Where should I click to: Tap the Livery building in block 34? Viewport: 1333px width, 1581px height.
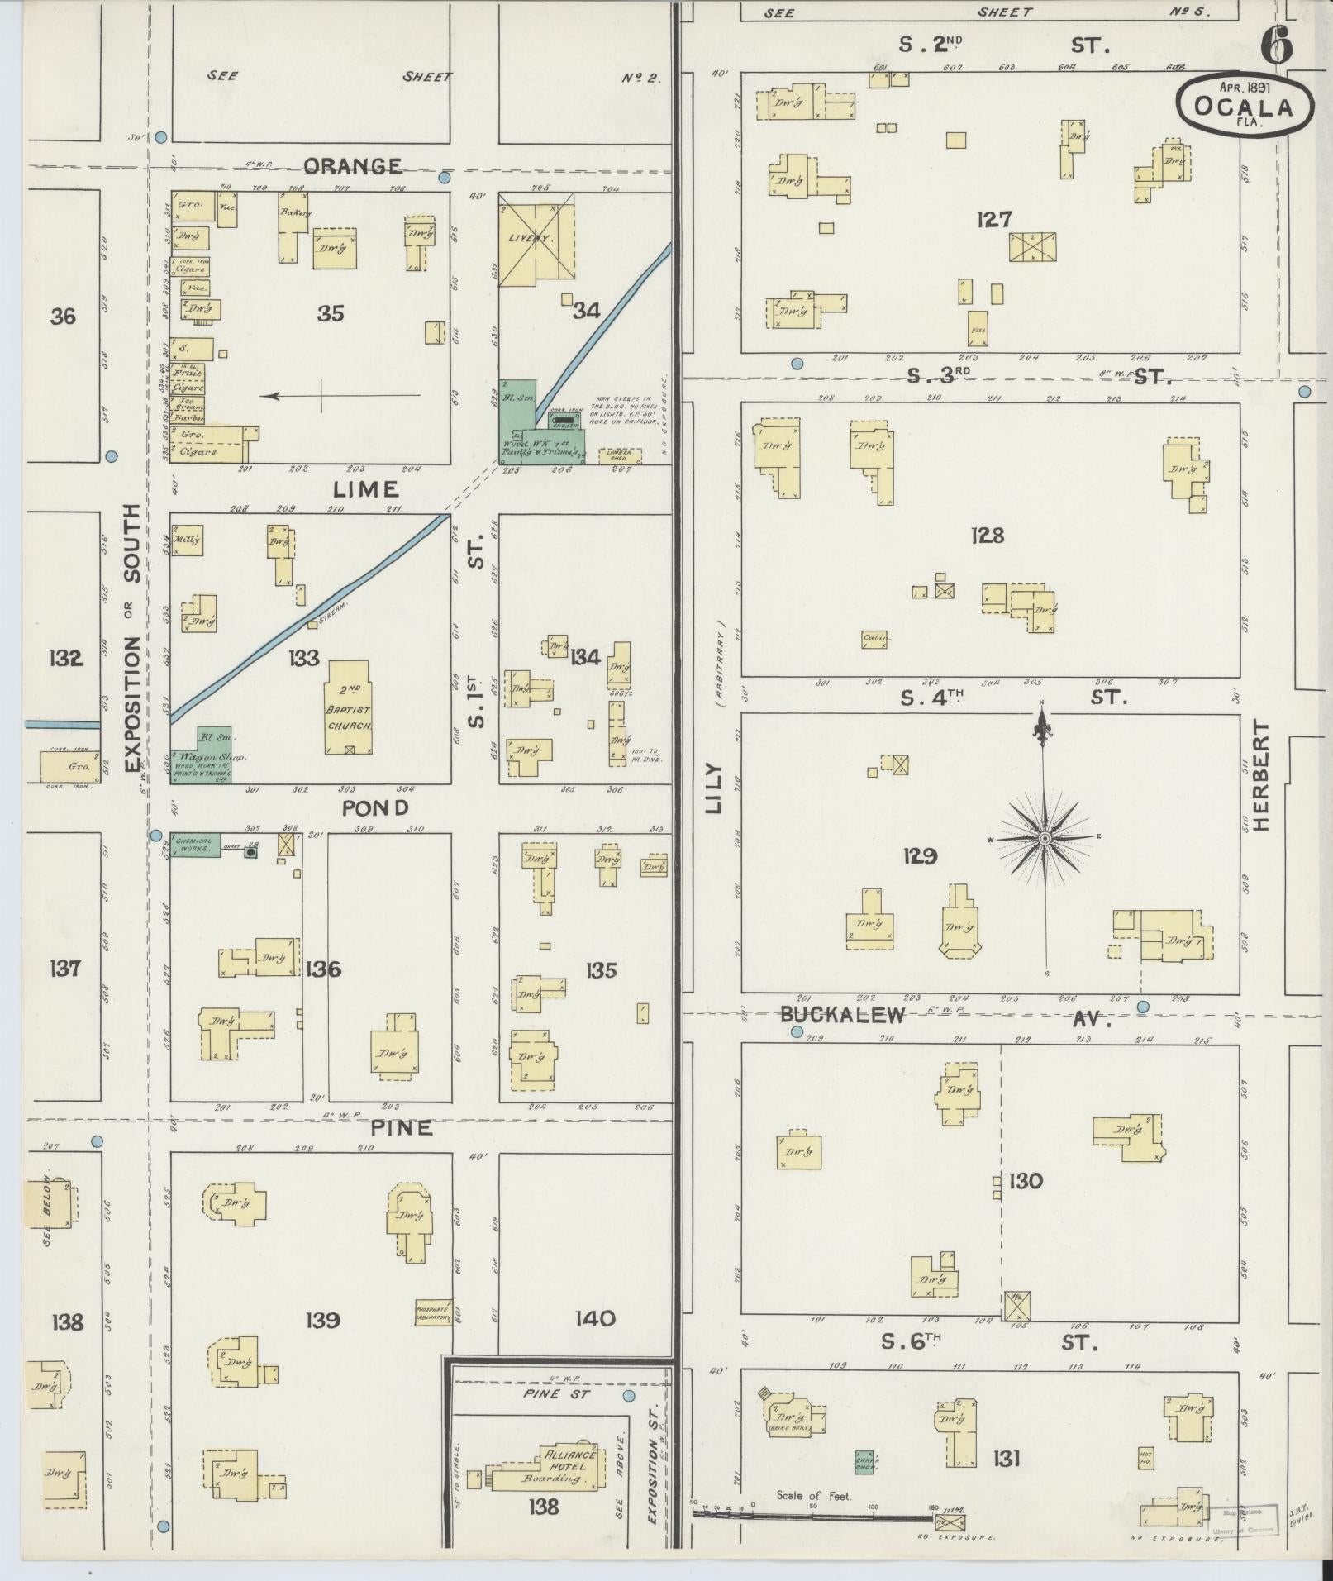(x=536, y=240)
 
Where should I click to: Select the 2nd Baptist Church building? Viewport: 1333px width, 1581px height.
(x=350, y=707)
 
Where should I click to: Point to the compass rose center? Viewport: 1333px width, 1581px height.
(x=1044, y=838)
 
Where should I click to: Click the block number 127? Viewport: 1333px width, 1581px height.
(x=993, y=219)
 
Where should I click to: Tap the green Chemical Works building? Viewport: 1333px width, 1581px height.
(x=196, y=845)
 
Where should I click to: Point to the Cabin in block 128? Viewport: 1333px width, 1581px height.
(x=875, y=638)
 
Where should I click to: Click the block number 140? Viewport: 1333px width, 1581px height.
(x=595, y=1317)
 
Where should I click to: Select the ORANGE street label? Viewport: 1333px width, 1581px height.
(x=352, y=166)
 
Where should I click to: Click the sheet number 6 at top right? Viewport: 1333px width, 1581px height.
(x=1277, y=46)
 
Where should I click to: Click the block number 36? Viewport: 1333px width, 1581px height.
(x=63, y=316)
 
